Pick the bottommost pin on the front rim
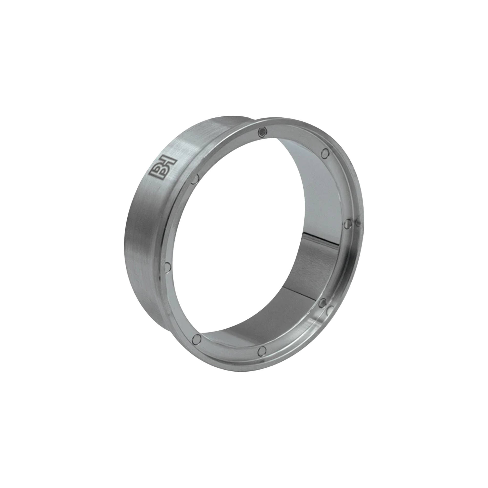click(x=263, y=350)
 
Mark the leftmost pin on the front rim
click(x=167, y=266)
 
